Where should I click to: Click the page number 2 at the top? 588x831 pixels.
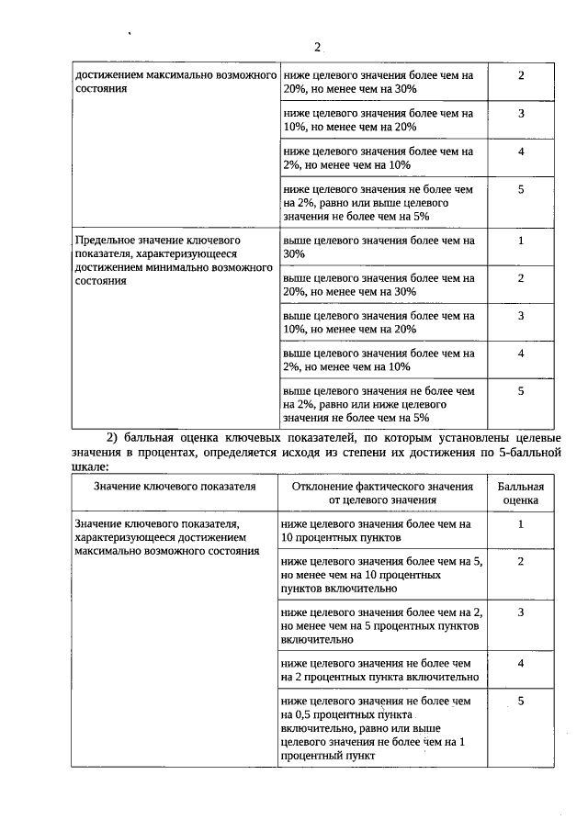point(317,47)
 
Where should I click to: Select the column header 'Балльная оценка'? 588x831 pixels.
point(521,493)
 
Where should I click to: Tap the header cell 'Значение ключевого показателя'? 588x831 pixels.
point(175,487)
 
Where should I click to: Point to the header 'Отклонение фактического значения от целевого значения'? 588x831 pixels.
point(381,493)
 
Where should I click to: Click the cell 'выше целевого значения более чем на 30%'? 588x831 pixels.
point(379,247)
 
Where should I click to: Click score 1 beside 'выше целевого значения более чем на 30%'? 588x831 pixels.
point(521,241)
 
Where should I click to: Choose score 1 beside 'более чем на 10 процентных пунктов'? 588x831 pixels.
point(521,524)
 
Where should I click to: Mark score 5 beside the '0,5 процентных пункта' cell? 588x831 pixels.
point(521,702)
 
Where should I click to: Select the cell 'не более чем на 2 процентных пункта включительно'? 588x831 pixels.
point(380,669)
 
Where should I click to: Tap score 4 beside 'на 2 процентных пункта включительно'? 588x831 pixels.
point(521,663)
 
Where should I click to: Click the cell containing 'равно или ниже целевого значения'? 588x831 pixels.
point(379,403)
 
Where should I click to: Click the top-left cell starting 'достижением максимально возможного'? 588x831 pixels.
point(174,82)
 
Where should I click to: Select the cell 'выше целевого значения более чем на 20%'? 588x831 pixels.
point(379,285)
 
